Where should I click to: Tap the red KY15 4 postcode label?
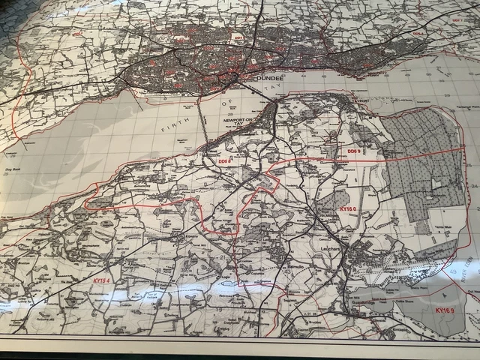click(x=103, y=280)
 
